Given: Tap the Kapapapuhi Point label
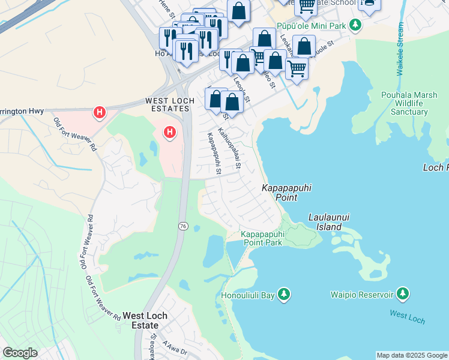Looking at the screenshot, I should tap(286, 192).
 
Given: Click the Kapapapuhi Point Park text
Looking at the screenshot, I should tap(262, 238).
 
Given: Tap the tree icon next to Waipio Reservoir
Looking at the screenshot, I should tap(403, 294).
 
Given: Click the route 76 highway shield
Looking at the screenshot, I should tap(182, 226).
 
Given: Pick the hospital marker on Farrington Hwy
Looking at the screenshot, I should tap(100, 112).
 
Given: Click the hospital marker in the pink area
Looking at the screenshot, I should tap(170, 131).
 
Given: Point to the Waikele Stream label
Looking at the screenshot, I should tap(400, 49).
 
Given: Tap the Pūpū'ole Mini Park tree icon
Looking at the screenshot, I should tap(356, 25).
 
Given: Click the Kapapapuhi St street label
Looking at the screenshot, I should tap(214, 154).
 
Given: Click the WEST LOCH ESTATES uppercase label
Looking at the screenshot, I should tap(168, 105).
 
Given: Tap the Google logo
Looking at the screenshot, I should tap(20, 353).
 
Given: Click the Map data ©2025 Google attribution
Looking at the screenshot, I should tap(412, 355).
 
